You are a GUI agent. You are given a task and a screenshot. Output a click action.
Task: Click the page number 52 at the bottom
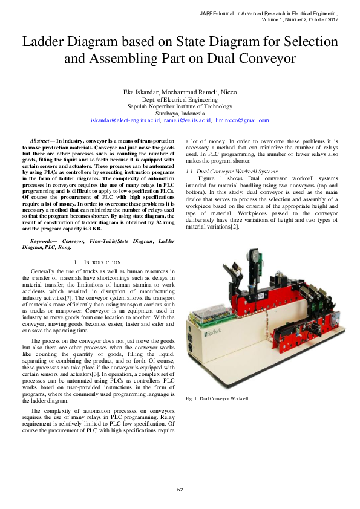pos(180,489)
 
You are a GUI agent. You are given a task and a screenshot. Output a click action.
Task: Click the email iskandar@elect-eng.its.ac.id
pos(125,120)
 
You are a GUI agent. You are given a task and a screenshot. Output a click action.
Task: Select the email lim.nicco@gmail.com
pos(242,120)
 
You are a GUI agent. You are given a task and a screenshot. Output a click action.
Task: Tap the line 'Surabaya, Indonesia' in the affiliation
pos(180,113)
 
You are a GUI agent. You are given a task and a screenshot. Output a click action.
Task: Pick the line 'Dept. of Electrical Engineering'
pos(180,99)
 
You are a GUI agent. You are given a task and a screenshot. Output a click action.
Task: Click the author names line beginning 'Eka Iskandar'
pos(180,91)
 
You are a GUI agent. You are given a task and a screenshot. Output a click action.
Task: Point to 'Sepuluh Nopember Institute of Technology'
pos(180,106)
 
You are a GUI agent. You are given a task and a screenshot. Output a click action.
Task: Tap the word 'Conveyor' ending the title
pos(267,59)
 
